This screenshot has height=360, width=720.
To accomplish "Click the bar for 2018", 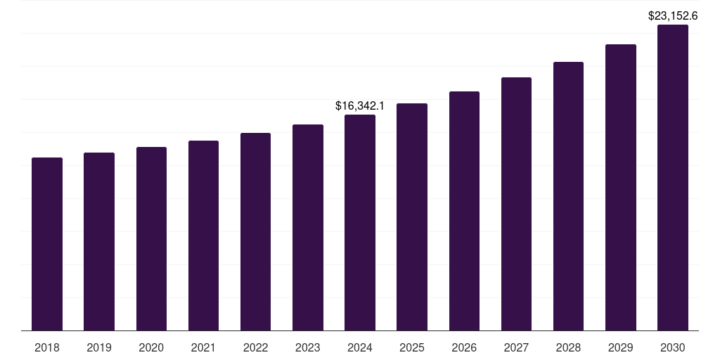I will pyautogui.click(x=47, y=244).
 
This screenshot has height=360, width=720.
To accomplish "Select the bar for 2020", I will pyautogui.click(x=151, y=239).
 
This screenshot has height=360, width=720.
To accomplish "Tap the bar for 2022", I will pyautogui.click(x=255, y=232).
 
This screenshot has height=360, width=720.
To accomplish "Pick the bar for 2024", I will pyautogui.click(x=360, y=223).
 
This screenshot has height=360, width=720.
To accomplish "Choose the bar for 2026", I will pyautogui.click(x=464, y=211).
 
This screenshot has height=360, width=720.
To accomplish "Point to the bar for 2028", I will pyautogui.click(x=568, y=196).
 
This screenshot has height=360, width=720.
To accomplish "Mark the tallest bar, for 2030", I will pyautogui.click(x=673, y=178).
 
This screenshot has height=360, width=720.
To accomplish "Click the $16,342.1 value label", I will pyautogui.click(x=360, y=106).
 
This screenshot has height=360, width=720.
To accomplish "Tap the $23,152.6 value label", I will pyautogui.click(x=673, y=15).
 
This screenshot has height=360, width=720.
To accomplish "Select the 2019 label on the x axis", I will pyautogui.click(x=99, y=347).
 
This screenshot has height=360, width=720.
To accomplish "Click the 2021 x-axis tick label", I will pyautogui.click(x=203, y=347).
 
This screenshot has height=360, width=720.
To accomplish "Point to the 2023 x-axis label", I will pyautogui.click(x=308, y=347).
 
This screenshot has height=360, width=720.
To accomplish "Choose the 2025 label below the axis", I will pyautogui.click(x=412, y=347).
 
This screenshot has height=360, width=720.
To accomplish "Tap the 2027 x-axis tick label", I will pyautogui.click(x=516, y=347).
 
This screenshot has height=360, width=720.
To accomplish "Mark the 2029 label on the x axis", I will pyautogui.click(x=620, y=347).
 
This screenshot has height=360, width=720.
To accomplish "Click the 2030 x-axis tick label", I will pyautogui.click(x=673, y=347).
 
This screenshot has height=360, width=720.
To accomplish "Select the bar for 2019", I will pyautogui.click(x=99, y=242).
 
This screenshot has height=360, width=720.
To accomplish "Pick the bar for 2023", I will pyautogui.click(x=308, y=228).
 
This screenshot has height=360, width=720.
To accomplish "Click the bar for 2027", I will pyautogui.click(x=516, y=204).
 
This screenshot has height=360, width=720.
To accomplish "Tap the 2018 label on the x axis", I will pyautogui.click(x=47, y=347).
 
